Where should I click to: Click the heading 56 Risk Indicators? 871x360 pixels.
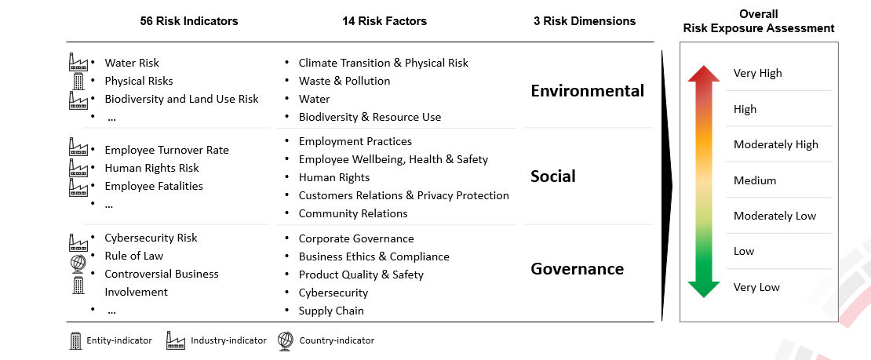point(189,21)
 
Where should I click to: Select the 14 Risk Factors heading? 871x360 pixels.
point(384,21)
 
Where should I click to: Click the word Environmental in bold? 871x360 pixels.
point(587,90)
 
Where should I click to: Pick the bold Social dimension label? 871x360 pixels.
point(552,176)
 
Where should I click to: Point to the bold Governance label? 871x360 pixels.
point(578,269)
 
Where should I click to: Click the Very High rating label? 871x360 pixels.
point(757,74)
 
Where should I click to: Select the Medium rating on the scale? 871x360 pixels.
point(754,180)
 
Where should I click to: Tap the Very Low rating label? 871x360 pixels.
point(756,287)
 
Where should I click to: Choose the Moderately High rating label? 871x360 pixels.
point(775,145)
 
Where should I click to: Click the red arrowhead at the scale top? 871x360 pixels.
point(704,74)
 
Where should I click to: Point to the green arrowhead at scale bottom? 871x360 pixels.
point(704,289)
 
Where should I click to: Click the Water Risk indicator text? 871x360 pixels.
point(132,64)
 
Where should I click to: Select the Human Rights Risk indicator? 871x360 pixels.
point(151,168)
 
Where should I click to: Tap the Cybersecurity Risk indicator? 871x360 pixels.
point(151,238)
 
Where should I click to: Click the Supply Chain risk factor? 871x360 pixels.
point(331,311)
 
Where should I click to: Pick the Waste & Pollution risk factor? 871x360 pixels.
point(344,81)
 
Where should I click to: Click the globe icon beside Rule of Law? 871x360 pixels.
point(78,264)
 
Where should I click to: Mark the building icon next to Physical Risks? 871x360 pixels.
point(78,81)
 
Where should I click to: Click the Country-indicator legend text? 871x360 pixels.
point(337,340)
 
